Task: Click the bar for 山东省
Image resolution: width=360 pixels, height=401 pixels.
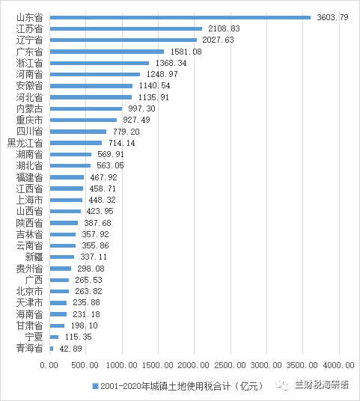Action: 180,17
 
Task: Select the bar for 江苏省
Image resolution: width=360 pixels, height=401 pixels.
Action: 126,28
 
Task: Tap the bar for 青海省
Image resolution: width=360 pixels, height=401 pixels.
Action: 52,349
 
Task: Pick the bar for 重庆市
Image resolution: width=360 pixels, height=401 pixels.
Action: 83,120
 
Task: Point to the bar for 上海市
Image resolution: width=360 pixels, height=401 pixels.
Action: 66,200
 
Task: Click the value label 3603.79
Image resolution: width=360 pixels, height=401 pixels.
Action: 332,17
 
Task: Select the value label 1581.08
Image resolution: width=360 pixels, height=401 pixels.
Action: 186,52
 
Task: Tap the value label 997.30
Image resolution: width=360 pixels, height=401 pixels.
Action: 141,108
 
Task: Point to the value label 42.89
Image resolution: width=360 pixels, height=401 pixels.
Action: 70,349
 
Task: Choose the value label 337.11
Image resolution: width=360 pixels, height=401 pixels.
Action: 94,257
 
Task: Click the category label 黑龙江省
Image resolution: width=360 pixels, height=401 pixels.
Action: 25,143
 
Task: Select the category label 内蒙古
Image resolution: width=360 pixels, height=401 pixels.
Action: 29,108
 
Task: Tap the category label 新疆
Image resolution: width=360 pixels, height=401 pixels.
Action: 34,257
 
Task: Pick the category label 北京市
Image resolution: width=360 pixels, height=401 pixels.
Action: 29,291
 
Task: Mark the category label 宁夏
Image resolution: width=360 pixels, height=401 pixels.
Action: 34,337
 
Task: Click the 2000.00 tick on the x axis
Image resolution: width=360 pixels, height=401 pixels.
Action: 193,365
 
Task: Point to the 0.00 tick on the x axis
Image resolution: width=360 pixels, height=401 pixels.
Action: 49,365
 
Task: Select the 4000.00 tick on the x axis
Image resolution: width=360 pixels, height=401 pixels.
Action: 339,365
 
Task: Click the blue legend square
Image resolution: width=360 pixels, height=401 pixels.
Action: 95,386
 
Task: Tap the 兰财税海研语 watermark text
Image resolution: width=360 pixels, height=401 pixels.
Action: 322,385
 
